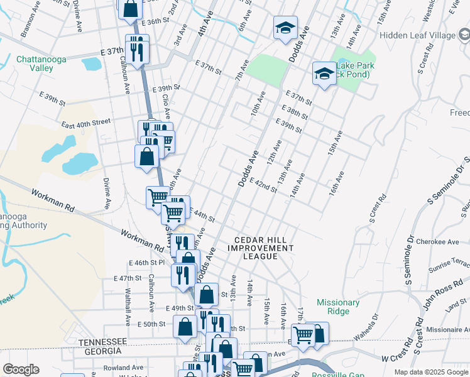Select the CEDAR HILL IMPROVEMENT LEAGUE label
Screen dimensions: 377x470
(x=265, y=248)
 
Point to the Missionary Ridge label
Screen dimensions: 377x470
(x=338, y=307)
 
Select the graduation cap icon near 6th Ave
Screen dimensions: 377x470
(x=285, y=28)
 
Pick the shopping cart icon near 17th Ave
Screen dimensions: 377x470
(x=303, y=334)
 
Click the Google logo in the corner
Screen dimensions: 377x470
(x=20, y=369)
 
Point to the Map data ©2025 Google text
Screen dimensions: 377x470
(x=431, y=372)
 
